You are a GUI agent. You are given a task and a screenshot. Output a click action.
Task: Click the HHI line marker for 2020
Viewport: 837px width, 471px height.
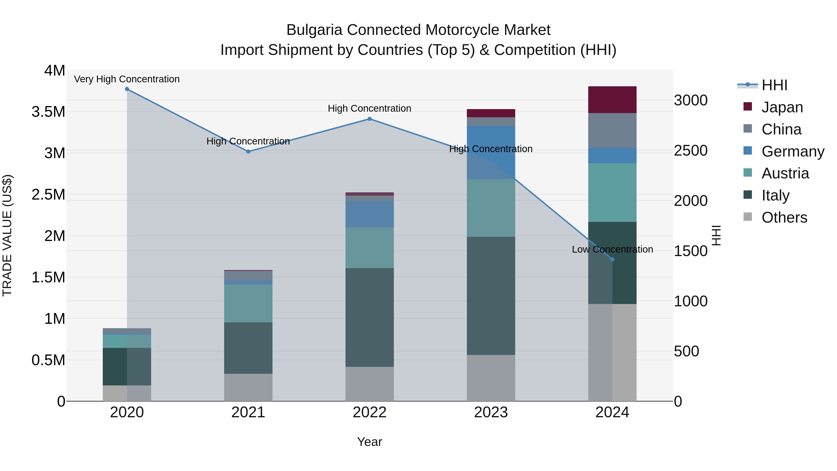click(x=127, y=89)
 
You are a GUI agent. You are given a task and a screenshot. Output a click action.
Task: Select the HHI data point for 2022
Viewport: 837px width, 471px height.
click(x=369, y=119)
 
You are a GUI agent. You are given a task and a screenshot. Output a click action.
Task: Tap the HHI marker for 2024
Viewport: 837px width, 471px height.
click(x=612, y=259)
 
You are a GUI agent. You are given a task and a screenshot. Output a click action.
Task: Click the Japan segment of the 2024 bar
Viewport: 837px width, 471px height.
click(x=612, y=100)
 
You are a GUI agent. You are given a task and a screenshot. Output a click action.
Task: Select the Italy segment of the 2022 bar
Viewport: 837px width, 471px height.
click(x=369, y=317)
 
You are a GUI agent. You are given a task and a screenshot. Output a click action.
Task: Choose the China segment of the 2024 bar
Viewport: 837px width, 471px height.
click(x=612, y=130)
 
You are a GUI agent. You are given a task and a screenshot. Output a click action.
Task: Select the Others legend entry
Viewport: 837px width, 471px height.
click(x=784, y=217)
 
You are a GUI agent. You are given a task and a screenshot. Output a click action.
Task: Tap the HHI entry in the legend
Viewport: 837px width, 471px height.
click(x=774, y=85)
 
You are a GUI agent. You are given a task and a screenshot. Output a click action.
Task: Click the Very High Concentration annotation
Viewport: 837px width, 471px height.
click(x=127, y=79)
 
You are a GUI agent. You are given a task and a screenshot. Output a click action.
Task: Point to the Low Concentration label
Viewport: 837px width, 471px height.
click(x=612, y=249)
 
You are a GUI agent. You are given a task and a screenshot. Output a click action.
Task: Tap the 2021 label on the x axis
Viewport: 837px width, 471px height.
click(x=248, y=412)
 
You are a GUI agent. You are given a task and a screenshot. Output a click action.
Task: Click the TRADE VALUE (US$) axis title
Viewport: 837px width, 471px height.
click(x=7, y=235)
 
